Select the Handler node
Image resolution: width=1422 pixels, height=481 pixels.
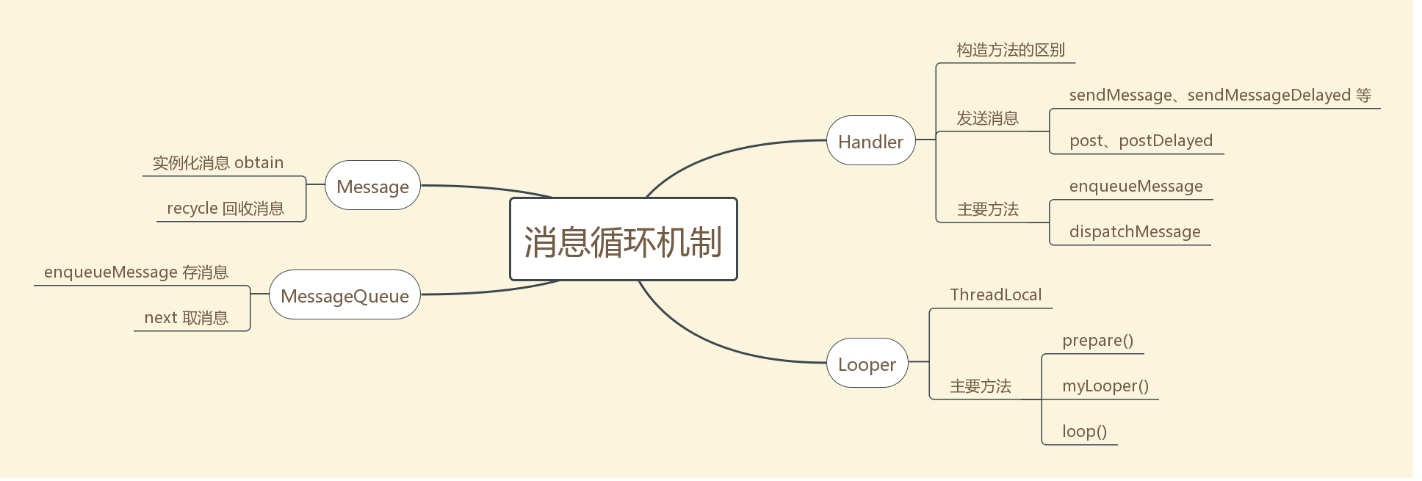point(870,141)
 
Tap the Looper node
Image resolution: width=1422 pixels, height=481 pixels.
point(867,364)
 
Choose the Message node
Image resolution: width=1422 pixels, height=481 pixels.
point(372,186)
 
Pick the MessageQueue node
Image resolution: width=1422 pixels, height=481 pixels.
point(344,295)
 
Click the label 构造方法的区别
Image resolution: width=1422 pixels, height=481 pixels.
point(1010,50)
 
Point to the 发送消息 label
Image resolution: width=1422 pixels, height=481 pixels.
point(987,118)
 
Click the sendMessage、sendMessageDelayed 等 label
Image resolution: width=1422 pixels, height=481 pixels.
point(1219,95)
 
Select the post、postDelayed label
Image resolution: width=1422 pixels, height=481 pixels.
point(1141,141)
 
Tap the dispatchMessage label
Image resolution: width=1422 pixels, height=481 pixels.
point(1134,232)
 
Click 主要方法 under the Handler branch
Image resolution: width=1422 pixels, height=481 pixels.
point(987,209)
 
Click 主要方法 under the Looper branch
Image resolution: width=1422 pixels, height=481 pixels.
point(980,386)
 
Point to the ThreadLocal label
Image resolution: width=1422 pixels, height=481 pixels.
point(995,295)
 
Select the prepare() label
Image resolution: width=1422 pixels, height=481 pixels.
point(1097,341)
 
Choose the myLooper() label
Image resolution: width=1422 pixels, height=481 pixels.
point(1105,386)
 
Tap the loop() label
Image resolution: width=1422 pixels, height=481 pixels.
point(1084,432)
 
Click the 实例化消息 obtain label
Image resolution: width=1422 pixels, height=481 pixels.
point(217,163)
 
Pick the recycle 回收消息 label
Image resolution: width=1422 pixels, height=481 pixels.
point(225,209)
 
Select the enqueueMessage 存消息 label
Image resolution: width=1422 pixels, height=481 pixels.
point(136,272)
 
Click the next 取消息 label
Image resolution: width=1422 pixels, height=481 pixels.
point(186,318)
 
